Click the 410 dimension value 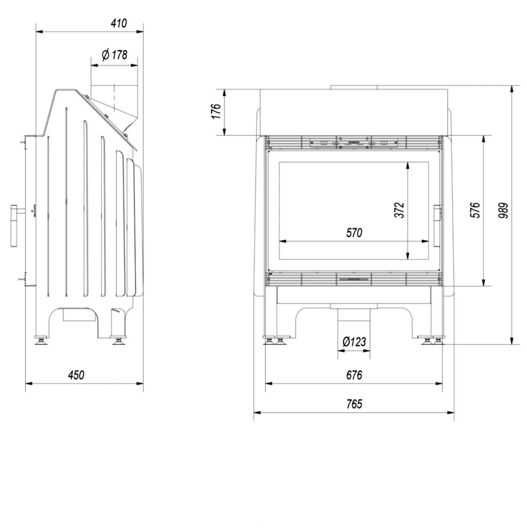(x=119, y=23)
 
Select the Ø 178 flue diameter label (x=114, y=55)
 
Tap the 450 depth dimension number (x=76, y=375)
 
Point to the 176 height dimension (x=216, y=111)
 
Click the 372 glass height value (x=399, y=210)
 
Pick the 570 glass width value (x=354, y=233)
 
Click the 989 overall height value (x=503, y=210)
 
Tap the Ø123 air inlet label (x=354, y=342)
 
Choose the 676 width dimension (x=354, y=375)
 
